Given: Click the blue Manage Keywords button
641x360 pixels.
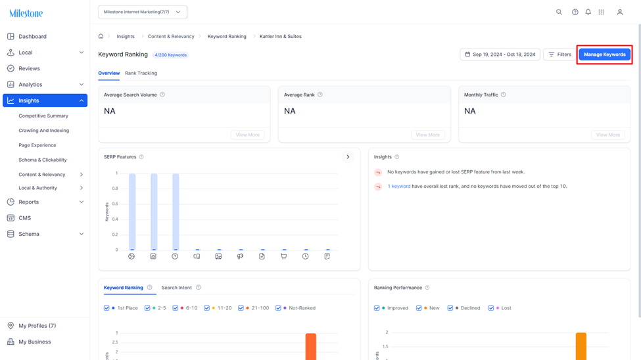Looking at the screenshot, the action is (x=604, y=55).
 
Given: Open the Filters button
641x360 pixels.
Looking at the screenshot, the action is (x=559, y=55).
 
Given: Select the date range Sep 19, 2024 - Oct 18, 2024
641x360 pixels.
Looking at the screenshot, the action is (x=500, y=55).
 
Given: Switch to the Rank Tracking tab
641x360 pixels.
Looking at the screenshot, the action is (x=141, y=73).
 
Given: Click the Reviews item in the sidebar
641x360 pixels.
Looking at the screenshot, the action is (x=29, y=68).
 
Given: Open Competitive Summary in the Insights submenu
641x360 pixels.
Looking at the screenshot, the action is (x=43, y=116).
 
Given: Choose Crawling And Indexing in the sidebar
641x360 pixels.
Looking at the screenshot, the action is (x=44, y=130).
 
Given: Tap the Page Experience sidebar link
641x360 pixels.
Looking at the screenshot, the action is (x=37, y=145).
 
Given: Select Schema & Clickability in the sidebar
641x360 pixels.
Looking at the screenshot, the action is (x=43, y=160).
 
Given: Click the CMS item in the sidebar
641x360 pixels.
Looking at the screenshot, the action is (x=24, y=218).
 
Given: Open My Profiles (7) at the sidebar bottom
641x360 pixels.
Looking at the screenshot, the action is (x=37, y=326).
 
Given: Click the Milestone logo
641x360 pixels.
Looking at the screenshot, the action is (x=26, y=13).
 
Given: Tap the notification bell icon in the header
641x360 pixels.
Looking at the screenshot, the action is (x=588, y=12).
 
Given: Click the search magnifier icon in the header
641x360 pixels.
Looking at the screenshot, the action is (x=559, y=12).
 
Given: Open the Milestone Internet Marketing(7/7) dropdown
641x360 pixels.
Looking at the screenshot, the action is (x=142, y=12).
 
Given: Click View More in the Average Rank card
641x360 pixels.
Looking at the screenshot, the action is (x=427, y=135).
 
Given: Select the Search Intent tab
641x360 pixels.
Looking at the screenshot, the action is (x=177, y=288).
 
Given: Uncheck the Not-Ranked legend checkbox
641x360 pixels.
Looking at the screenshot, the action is (x=278, y=308).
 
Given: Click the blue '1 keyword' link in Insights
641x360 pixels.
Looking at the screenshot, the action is (x=399, y=187).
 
